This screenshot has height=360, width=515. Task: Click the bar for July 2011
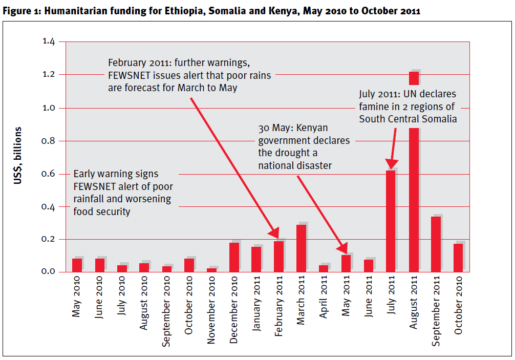391,220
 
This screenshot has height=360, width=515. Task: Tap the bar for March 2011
301,248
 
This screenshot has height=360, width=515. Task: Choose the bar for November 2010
211,269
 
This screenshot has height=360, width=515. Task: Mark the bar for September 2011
436,244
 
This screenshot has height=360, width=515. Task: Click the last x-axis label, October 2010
459,305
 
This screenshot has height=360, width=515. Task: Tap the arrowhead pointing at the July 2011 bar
392,162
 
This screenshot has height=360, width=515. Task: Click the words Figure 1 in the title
19,11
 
